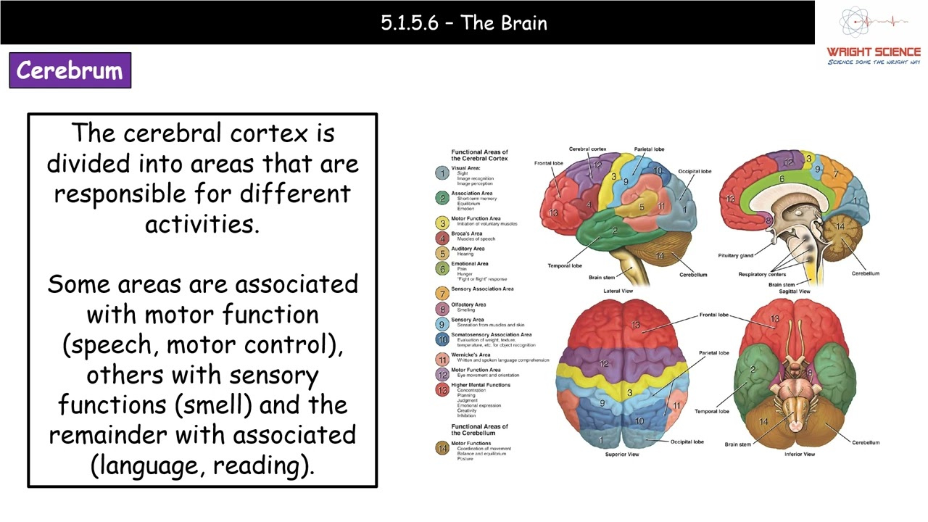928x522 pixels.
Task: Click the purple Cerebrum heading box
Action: coord(70,70)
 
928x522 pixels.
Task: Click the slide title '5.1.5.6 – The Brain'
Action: coord(464,22)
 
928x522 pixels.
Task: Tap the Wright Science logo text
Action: coord(873,52)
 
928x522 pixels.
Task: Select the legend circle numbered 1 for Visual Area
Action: coord(442,173)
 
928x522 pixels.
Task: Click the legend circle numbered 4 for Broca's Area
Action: coord(442,238)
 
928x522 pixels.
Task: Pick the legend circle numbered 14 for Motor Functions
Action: coord(442,448)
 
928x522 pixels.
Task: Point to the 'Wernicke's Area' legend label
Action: coord(471,355)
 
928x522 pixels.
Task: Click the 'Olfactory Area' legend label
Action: coord(468,304)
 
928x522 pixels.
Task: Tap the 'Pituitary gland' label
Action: coord(735,255)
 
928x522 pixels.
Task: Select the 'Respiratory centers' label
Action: coord(762,274)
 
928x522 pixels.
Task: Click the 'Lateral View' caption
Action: coord(618,291)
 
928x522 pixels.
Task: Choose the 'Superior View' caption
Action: coord(622,455)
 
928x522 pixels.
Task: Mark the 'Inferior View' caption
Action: coord(799,455)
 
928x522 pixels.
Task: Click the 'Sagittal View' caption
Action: coord(794,291)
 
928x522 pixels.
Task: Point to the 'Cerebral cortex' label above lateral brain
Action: coord(587,149)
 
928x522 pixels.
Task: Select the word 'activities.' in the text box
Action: coord(202,224)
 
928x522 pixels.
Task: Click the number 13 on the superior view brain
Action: coord(636,324)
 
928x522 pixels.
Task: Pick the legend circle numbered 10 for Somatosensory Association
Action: coord(442,339)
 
